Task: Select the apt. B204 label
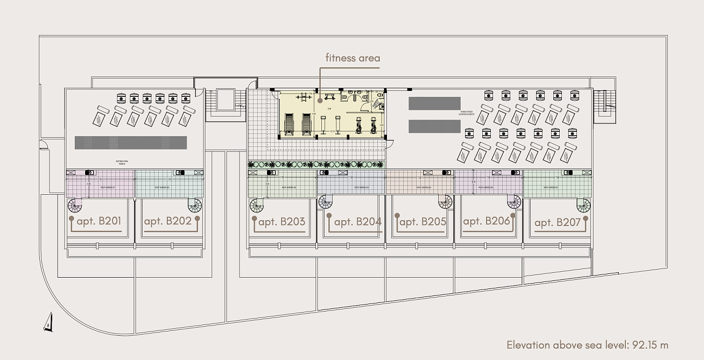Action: point(357,222)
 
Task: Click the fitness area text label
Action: point(353,58)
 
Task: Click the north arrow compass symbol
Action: point(48,322)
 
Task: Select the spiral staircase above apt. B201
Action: point(75,205)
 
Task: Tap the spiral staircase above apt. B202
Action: point(194,205)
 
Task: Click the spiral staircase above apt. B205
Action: point(445,202)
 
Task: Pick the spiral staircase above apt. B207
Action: point(583,205)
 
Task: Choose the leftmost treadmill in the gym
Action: point(289,124)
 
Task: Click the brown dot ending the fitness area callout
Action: point(320,100)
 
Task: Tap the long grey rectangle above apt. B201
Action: point(130,143)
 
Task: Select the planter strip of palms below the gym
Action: point(316,165)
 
